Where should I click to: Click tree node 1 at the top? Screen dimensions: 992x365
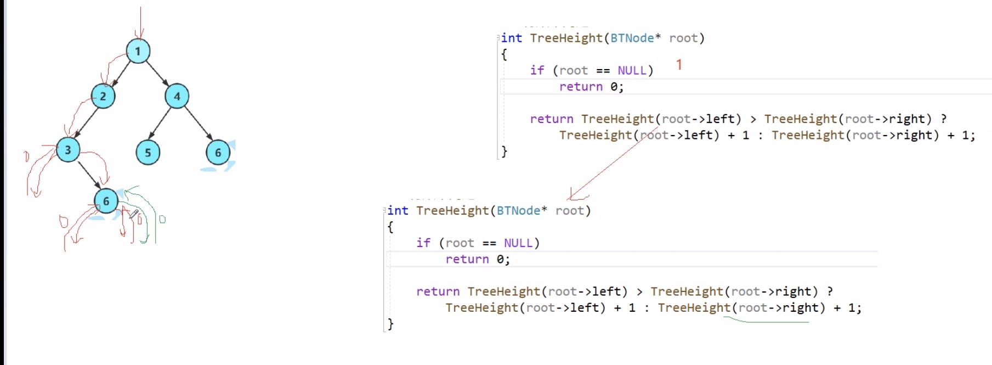coord(138,51)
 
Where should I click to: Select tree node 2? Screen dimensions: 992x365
coord(103,97)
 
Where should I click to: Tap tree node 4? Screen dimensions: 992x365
coord(177,97)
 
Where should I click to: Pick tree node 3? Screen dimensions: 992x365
coord(67,150)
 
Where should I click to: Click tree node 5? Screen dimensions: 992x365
coord(148,153)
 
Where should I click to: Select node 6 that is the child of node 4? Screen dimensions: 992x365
coord(218,153)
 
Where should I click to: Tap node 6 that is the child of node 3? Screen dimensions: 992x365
coord(106,201)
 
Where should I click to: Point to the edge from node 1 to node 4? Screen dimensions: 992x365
coord(157,74)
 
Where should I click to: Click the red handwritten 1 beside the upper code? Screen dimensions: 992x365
coord(679,65)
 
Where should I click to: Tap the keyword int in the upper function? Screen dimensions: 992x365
coord(512,38)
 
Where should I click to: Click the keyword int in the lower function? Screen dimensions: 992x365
coord(398,211)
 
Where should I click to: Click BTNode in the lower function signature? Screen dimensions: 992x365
coord(518,211)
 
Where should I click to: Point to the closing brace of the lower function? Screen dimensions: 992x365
coord(390,324)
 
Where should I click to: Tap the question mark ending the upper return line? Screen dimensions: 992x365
coord(944,119)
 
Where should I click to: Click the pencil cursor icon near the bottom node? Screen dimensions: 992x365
coord(134,214)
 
